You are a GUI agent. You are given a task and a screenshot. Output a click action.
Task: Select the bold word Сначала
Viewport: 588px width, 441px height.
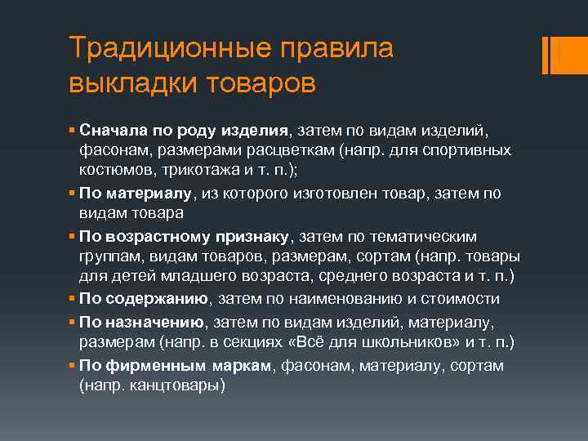[111, 131]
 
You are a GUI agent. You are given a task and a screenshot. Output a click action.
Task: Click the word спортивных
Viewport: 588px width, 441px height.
[466, 151]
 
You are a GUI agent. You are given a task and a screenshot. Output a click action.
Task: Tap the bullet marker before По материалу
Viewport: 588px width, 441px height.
[73, 194]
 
